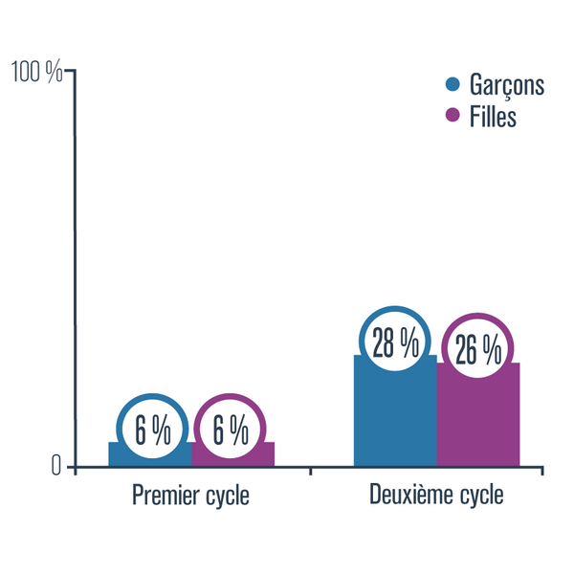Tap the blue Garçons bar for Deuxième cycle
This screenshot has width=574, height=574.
click(x=395, y=421)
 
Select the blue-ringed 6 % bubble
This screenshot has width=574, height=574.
click(x=153, y=430)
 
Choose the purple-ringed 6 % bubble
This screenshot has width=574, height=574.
click(x=231, y=430)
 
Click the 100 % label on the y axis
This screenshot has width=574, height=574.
click(x=36, y=72)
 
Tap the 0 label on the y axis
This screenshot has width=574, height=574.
click(x=56, y=466)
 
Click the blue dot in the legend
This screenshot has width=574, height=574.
click(x=453, y=84)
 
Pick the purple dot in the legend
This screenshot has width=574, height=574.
click(x=453, y=117)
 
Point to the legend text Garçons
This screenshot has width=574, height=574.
click(x=507, y=85)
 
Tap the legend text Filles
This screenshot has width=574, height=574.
click(x=494, y=117)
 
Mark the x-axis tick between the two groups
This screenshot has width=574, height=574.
click(x=311, y=469)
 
